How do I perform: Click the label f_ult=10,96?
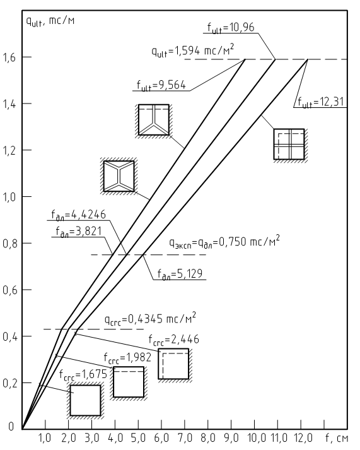point(231,28)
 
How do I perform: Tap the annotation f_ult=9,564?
point(161,86)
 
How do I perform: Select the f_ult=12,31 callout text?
point(320,102)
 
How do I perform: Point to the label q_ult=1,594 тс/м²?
point(193,50)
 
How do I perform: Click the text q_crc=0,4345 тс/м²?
point(150,319)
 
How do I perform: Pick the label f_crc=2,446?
point(173,340)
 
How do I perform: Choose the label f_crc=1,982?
point(127,358)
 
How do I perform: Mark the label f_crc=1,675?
point(83,374)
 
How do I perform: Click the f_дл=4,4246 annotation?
point(79,215)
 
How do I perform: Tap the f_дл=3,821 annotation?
point(79,232)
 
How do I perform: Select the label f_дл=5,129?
point(180,274)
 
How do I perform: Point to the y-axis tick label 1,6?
point(9,57)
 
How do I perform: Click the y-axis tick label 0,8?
point(9,244)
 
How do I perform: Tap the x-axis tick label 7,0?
point(185,438)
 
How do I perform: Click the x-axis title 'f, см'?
point(337,439)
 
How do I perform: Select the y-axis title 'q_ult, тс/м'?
point(50,21)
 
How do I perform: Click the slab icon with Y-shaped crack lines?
point(154,121)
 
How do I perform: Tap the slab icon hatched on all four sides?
point(85,400)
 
